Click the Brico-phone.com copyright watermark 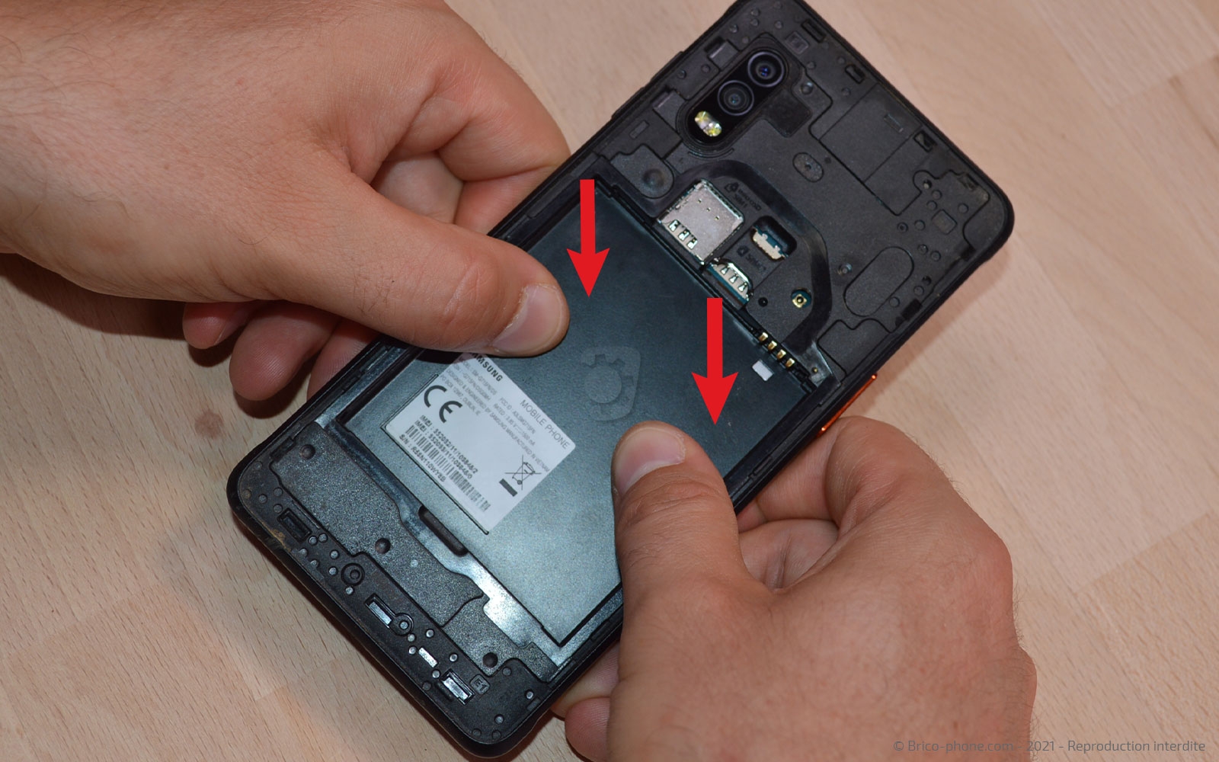click(x=1051, y=745)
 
